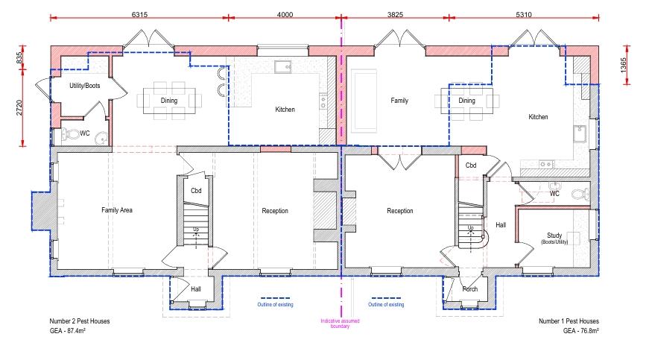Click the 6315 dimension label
pyautogui.click(x=139, y=15)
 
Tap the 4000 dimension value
pyautogui.click(x=285, y=15)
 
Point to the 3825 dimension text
pyautogui.click(x=395, y=15)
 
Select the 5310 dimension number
pyautogui.click(x=524, y=15)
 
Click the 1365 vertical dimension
pyautogui.click(x=623, y=66)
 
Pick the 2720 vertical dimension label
pyautogui.click(x=19, y=107)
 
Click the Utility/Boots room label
pyautogui.click(x=84, y=86)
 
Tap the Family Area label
pyautogui.click(x=117, y=210)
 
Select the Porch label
pyautogui.click(x=470, y=289)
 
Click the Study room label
pyautogui.click(x=554, y=236)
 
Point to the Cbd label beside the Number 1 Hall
pyautogui.click(x=471, y=165)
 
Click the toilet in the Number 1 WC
pyautogui.click(x=580, y=193)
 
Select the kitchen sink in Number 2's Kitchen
pyautogui.click(x=282, y=67)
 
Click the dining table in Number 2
pyautogui.click(x=169, y=101)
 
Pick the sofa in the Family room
pyautogui.click(x=364, y=101)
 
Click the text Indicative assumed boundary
pyautogui.click(x=340, y=323)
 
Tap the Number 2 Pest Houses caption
pyautogui.click(x=80, y=321)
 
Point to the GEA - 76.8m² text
pyautogui.click(x=581, y=331)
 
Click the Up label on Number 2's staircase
pyautogui.click(x=196, y=229)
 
